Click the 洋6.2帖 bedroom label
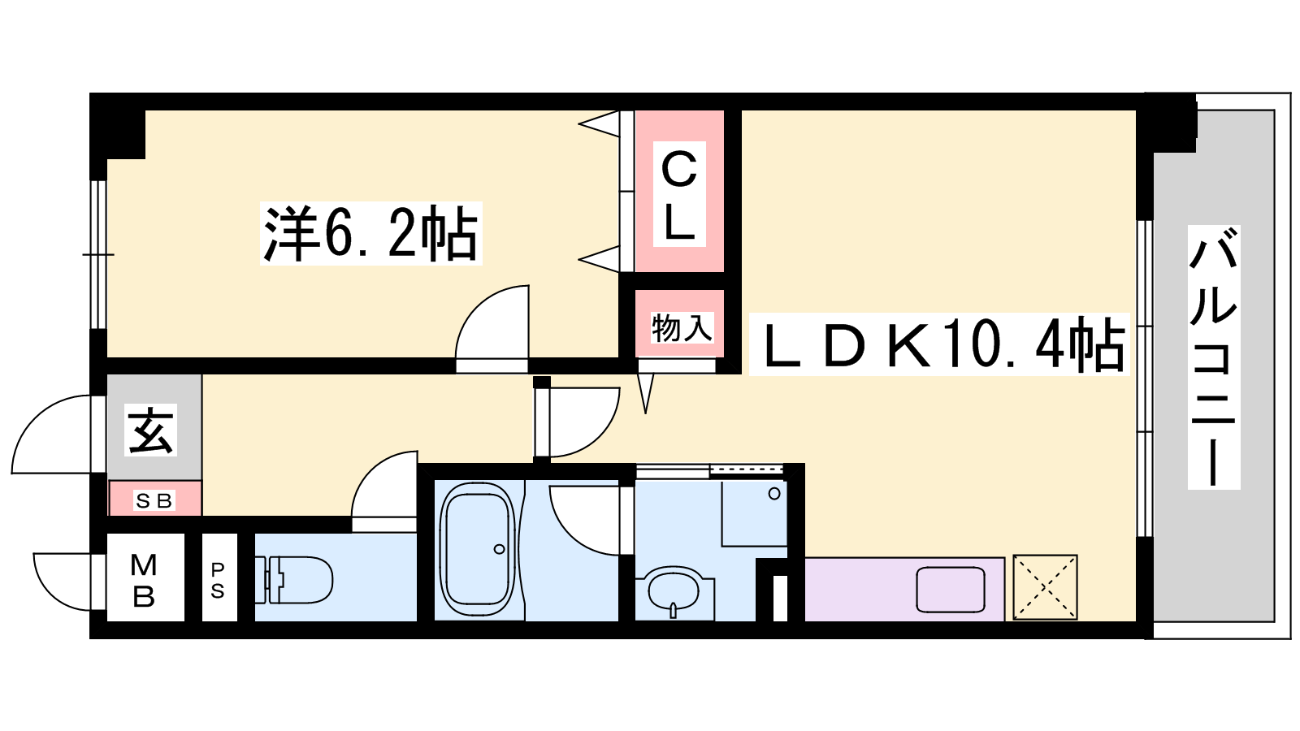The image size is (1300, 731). (x=370, y=233)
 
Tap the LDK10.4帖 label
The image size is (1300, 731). (x=939, y=344)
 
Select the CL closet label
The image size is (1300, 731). (x=679, y=194)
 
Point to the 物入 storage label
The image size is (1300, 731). (x=682, y=328)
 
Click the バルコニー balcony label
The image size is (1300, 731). (x=1214, y=357)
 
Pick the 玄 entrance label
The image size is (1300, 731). (x=151, y=430)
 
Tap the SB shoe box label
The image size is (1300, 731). (x=154, y=500)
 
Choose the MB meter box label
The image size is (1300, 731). (x=144, y=580)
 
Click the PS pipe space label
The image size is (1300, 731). (x=218, y=580)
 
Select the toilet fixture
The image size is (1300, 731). (x=293, y=580)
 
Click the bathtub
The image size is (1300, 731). (x=477, y=549)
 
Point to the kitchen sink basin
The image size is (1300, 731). (x=951, y=590)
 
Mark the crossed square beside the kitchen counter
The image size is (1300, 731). (x=1045, y=587)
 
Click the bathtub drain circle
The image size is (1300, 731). (x=499, y=549)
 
